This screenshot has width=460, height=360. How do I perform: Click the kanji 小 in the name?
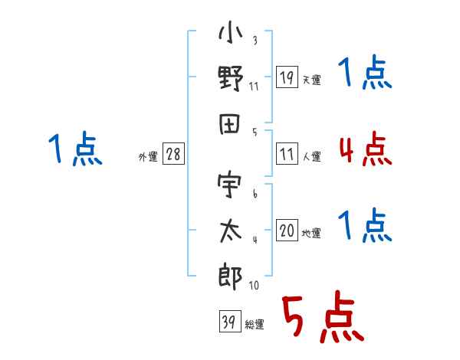tap(231, 31)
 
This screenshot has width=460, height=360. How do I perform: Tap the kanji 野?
tap(231, 78)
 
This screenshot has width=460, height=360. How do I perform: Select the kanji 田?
tap(230, 124)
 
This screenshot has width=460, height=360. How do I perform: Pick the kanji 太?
tap(230, 231)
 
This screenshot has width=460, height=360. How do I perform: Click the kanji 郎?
tap(230, 277)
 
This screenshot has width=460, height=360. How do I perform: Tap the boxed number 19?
tap(287, 77)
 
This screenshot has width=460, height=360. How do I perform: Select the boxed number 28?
tap(174, 154)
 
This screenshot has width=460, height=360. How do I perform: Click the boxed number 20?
tap(287, 231)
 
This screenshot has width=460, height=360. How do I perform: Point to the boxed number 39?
tap(230, 321)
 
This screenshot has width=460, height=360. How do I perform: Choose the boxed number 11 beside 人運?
tap(287, 154)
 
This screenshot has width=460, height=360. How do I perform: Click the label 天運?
tap(312, 80)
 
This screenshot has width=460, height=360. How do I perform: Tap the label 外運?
tap(148, 156)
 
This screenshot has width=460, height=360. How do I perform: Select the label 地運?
tap(311, 234)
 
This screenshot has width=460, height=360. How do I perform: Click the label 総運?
tap(255, 325)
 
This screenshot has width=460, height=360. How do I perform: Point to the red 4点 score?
tap(365, 149)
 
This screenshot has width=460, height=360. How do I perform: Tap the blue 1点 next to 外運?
tap(75, 148)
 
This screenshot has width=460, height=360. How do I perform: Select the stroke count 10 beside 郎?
tap(254, 285)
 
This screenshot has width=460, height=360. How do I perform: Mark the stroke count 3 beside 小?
tap(255, 40)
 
